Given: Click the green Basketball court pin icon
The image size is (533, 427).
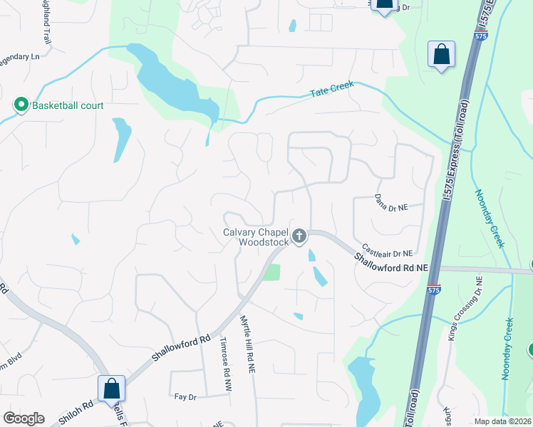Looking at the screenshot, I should [x=21, y=105].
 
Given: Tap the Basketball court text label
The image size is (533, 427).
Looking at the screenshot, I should [x=67, y=106].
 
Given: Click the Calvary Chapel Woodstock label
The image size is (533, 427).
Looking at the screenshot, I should [x=256, y=237].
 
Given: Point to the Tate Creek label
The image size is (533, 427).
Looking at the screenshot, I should [x=332, y=91].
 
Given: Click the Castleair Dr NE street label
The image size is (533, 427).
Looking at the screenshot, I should [x=387, y=251].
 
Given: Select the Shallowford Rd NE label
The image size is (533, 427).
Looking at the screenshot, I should [x=391, y=265].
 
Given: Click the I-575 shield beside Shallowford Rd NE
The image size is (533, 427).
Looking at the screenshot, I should [x=433, y=288].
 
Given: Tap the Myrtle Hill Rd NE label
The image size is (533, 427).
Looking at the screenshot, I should [x=247, y=344].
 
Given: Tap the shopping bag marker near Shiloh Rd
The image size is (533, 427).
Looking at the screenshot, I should [x=111, y=389].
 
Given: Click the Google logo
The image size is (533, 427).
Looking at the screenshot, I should [x=24, y=418].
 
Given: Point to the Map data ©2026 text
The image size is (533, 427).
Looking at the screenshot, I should [x=502, y=421].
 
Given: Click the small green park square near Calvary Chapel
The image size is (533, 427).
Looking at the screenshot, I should [x=271, y=272].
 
